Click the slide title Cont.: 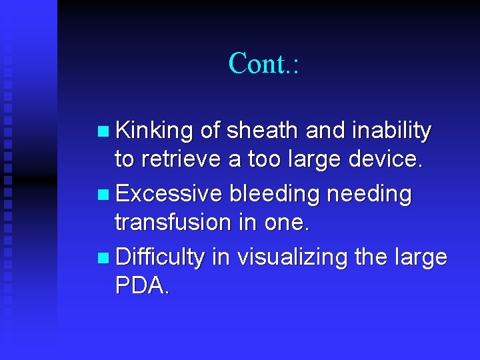point(264,63)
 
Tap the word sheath point(263,131)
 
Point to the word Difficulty point(159,257)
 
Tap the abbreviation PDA point(142,285)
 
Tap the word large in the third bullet point(421,257)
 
